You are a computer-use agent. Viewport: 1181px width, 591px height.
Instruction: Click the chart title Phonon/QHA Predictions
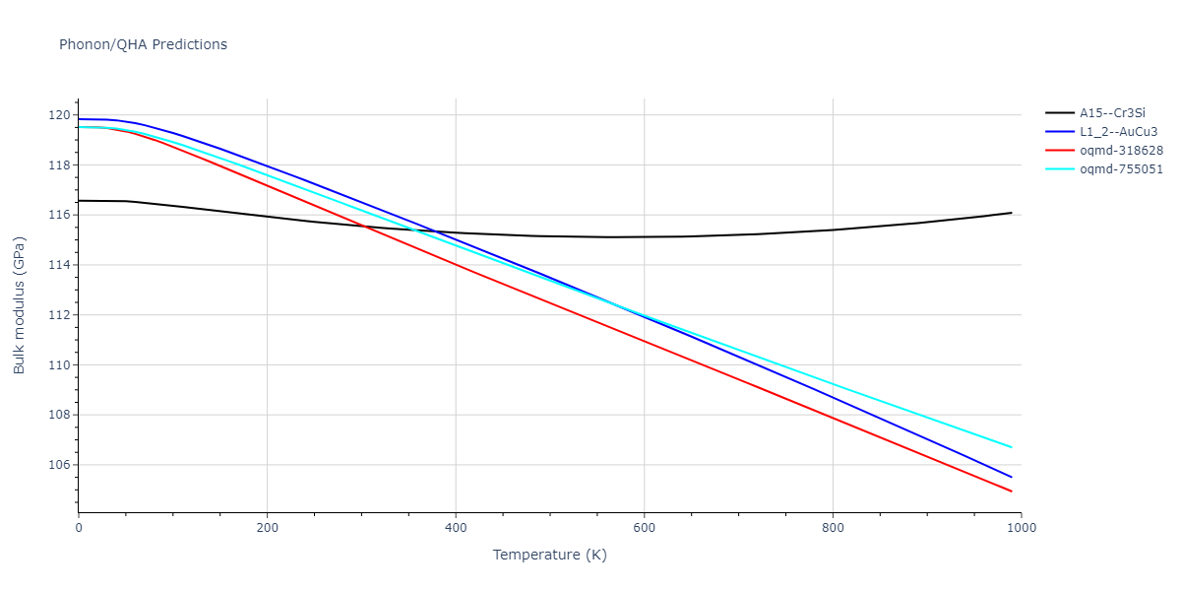click(143, 44)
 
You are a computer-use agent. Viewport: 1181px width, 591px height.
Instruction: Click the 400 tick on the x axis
click(456, 528)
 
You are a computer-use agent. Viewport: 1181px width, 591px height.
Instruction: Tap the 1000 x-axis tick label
click(1021, 528)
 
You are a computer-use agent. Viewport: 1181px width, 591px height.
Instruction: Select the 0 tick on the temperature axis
click(79, 528)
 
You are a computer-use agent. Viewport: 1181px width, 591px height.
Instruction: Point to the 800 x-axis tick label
click(833, 528)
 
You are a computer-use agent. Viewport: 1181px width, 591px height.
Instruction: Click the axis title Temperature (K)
click(549, 556)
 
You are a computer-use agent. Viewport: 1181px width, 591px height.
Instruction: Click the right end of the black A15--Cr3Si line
click(1012, 213)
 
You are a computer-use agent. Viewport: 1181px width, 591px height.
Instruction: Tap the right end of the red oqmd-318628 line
click(1012, 492)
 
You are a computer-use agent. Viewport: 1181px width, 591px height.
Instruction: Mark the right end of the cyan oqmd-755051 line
click(1012, 447)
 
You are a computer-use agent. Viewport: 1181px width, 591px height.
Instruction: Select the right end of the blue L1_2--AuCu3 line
click(1012, 478)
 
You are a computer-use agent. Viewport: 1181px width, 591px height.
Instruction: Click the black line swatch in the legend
click(1060, 113)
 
